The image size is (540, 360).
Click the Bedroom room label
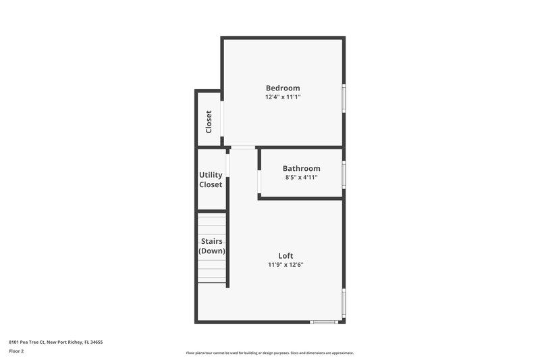pos(283,88)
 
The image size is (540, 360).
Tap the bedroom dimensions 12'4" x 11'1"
pos(283,97)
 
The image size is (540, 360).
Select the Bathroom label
pos(301,168)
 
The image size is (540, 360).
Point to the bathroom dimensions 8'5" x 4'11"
pos(301,178)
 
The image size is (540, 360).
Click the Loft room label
pos(286,255)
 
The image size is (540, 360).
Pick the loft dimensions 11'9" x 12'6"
pos(286,265)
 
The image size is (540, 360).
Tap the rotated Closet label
pos(209,121)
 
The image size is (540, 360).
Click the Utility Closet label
pos(211,180)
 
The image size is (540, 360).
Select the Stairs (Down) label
pos(211,246)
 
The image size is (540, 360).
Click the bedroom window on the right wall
pos(344,98)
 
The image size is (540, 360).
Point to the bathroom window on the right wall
pos(344,174)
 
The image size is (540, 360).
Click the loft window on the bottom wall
pos(323,322)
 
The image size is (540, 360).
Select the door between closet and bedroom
pos(222,121)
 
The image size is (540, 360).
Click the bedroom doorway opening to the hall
pos(243,147)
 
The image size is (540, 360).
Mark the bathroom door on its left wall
pos(259,182)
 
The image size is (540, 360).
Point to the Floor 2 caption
pos(16,351)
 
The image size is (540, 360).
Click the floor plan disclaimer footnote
pos(269,353)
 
